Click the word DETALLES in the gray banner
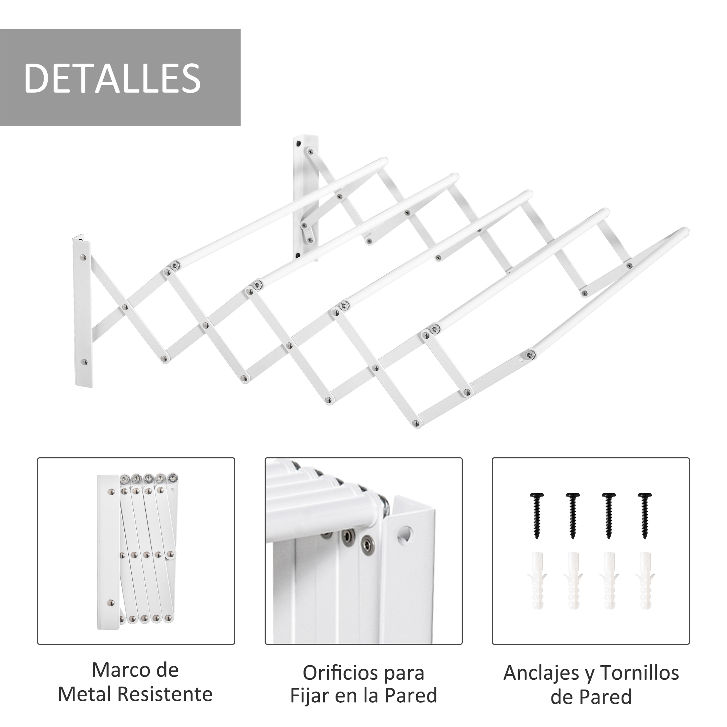(x=112, y=78)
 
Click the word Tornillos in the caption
(x=639, y=673)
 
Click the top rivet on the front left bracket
(x=83, y=258)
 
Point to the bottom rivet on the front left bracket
(x=84, y=362)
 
